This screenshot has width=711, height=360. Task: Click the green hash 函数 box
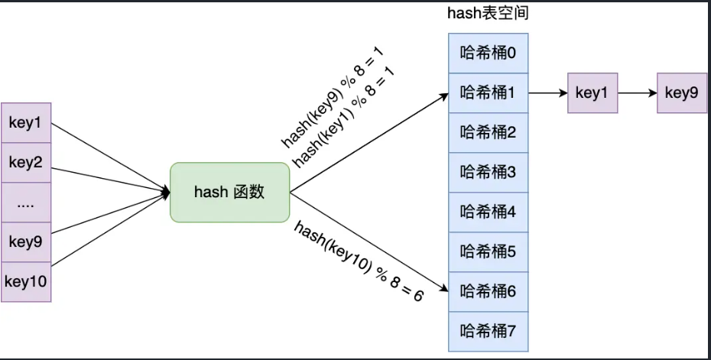click(230, 192)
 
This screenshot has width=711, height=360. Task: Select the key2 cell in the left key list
click(26, 162)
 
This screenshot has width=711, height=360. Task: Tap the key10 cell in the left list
click(26, 281)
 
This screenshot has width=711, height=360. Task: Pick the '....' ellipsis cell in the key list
click(26, 203)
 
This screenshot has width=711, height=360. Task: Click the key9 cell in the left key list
click(26, 242)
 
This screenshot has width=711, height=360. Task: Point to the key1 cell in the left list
click(26, 122)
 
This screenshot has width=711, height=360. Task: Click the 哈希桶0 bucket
click(488, 54)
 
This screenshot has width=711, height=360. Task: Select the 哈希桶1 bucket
click(488, 93)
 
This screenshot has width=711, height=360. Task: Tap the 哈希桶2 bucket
click(488, 133)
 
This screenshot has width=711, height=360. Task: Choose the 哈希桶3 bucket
click(488, 173)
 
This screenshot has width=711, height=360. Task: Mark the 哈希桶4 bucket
click(488, 212)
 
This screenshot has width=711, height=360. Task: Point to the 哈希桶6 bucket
click(488, 292)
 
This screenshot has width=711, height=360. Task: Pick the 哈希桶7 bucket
click(488, 332)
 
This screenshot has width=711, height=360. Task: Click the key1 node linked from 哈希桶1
click(592, 93)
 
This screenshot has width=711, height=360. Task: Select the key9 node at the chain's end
click(681, 93)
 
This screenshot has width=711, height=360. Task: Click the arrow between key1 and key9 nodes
click(637, 93)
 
